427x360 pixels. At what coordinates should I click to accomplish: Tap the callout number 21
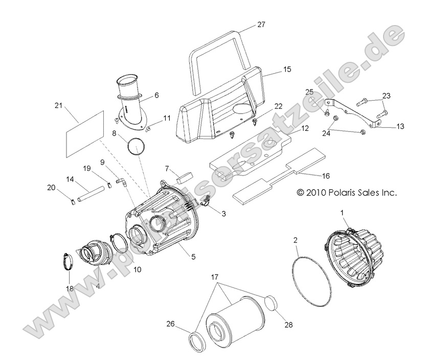58,105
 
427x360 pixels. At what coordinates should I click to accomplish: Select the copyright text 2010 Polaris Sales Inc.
347,193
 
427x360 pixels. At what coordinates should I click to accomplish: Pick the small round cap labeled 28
274,303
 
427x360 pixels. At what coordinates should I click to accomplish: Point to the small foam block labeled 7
184,176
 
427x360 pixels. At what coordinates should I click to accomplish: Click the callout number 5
193,257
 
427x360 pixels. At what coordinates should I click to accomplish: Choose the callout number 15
272,68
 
